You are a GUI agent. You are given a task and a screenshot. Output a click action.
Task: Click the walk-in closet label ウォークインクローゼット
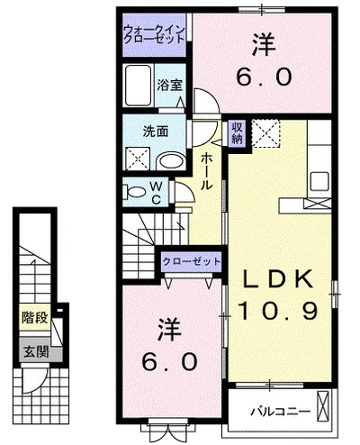pyautogui.click(x=154, y=34)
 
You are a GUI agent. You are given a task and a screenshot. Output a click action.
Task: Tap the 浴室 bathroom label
pyautogui.click(x=170, y=86)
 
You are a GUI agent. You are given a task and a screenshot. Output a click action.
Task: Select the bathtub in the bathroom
pyautogui.click(x=139, y=86)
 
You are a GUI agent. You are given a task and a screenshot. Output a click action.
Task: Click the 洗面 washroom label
pyautogui.click(x=156, y=132)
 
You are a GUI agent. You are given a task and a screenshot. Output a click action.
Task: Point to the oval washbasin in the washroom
pyautogui.click(x=171, y=161)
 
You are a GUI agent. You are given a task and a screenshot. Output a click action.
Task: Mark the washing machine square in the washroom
pyautogui.click(x=138, y=159)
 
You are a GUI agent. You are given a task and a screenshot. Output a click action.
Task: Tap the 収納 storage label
pyautogui.click(x=237, y=133)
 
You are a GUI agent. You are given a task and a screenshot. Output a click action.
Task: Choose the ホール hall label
pyautogui.click(x=206, y=171)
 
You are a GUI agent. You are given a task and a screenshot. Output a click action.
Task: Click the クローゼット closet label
pyautogui.click(x=192, y=261)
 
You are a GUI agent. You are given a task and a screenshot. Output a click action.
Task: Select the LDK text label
pyautogui.click(x=277, y=279)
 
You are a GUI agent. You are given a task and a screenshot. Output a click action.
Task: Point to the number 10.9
pyautogui.click(x=278, y=311)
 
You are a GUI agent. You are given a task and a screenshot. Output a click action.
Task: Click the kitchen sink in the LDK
pyautogui.click(x=319, y=181)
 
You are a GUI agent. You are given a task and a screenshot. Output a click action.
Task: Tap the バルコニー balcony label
pyautogui.click(x=280, y=411)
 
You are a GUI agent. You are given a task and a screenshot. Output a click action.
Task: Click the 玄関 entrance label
pyautogui.click(x=36, y=351)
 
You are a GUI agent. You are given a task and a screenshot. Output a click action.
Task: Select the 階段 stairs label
pyautogui.click(x=35, y=318)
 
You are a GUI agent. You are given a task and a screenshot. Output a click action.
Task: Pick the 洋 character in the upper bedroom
pyautogui.click(x=264, y=44)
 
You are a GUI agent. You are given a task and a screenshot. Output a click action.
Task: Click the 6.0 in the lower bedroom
pyautogui.click(x=170, y=361)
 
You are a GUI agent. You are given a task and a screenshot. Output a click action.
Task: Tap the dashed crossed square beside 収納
pyautogui.click(x=265, y=133)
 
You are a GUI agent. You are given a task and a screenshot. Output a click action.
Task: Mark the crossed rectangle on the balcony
pyautogui.click(x=323, y=405)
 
